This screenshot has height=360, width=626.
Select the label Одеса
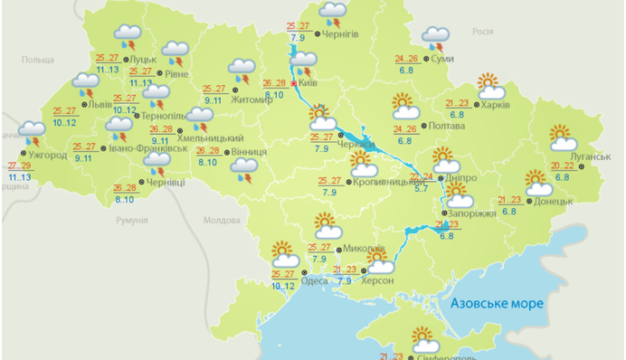[315, 280]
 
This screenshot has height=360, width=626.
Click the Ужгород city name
[47, 155]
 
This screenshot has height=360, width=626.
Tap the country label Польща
[38, 60]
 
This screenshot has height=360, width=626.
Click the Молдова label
[221, 220]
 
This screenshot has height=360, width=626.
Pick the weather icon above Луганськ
[564, 137]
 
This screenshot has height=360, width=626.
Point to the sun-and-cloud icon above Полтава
[403, 105]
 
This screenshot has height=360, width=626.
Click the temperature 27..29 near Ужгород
[19, 166]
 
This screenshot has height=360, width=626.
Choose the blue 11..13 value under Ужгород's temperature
[19, 178]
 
